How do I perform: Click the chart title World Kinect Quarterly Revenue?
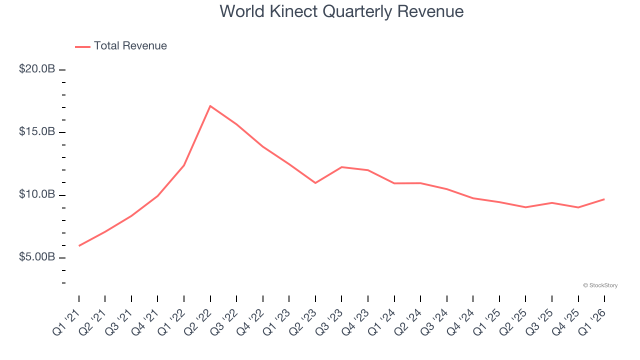(x=341, y=11)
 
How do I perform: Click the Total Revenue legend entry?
(x=121, y=46)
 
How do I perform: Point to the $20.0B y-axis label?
(x=37, y=69)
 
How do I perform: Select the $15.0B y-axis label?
(x=37, y=132)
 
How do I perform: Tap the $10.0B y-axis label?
(x=37, y=194)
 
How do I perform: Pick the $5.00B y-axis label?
(x=37, y=257)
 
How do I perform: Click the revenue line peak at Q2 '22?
(x=210, y=106)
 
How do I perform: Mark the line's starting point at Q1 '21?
(x=79, y=245)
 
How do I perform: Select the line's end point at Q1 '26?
(x=604, y=199)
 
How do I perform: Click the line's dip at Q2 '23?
(x=315, y=183)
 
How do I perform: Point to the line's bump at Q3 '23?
(x=341, y=167)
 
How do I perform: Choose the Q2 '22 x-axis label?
(x=198, y=320)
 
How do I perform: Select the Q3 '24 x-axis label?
(x=434, y=320)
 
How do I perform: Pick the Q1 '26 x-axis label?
(x=592, y=320)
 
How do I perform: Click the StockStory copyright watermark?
(x=600, y=285)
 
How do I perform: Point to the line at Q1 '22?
(x=184, y=165)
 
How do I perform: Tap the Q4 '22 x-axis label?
(x=250, y=320)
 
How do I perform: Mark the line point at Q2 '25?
(x=525, y=207)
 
